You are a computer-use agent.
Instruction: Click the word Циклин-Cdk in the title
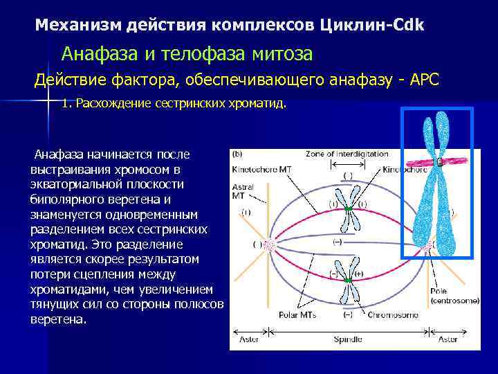(x=373, y=26)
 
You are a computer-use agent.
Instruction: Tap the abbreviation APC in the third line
(x=423, y=80)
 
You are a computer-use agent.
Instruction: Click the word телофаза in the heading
(x=220, y=53)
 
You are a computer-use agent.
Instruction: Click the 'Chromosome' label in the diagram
(x=391, y=315)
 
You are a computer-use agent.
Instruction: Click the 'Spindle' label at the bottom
(x=347, y=340)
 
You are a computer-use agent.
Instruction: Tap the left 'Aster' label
(x=250, y=340)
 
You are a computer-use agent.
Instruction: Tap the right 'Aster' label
(x=449, y=340)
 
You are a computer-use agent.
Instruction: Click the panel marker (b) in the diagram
(x=237, y=154)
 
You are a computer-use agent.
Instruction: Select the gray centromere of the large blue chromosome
(x=438, y=162)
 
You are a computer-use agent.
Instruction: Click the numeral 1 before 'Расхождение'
(x=64, y=104)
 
